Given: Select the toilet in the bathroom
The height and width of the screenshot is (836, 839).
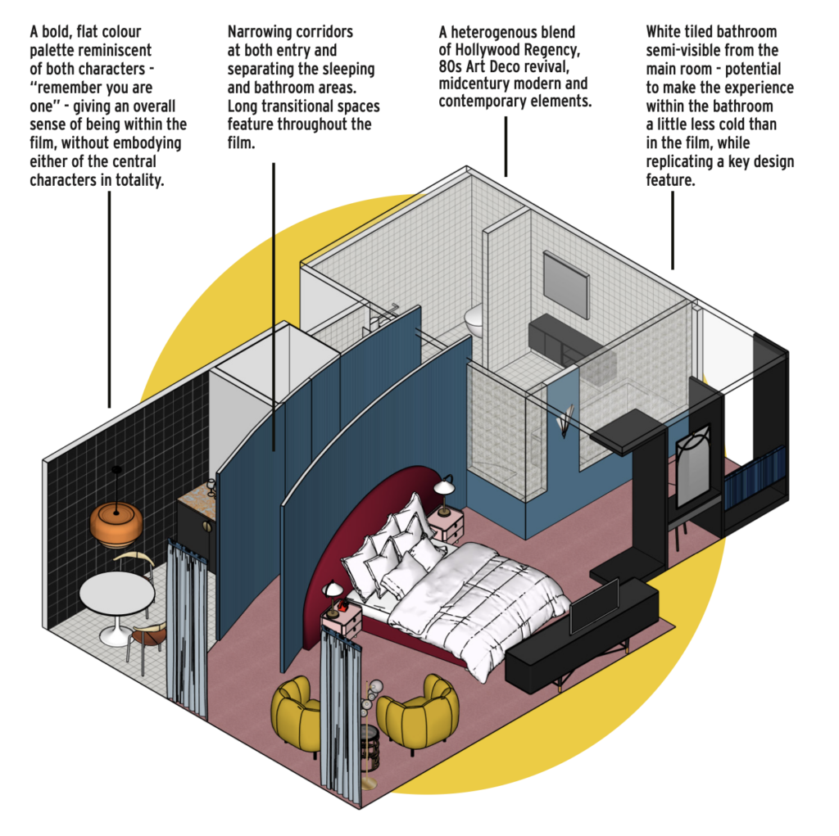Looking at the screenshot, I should [x=474, y=319].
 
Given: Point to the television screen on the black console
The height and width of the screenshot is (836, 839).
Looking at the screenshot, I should [x=594, y=607].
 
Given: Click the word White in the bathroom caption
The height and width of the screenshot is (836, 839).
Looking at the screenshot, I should [x=665, y=32].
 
